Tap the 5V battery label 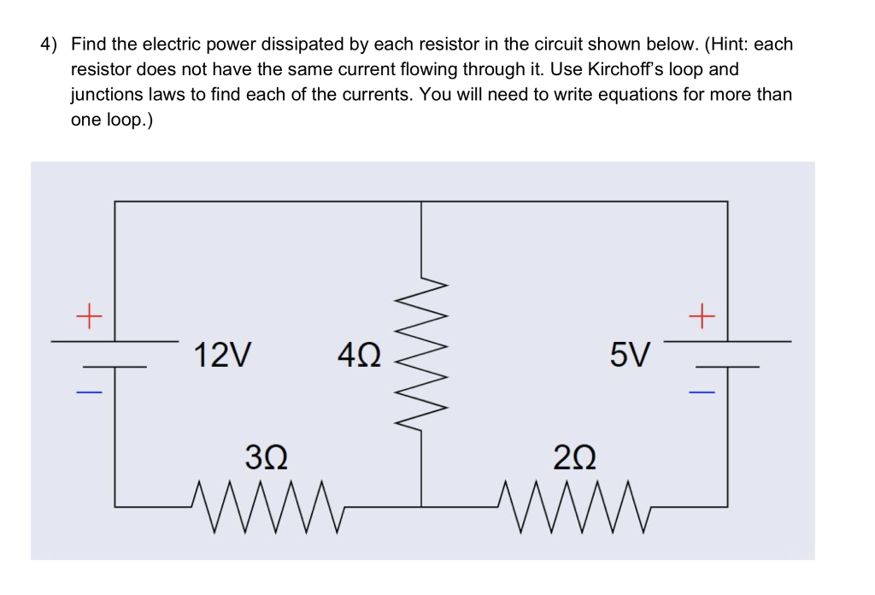tap(631, 354)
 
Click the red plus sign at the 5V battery tap(701, 318)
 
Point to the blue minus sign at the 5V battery tap(701, 392)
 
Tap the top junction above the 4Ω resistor tap(420, 202)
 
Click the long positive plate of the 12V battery tap(115, 341)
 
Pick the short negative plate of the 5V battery tap(727, 367)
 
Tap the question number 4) tap(50, 44)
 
